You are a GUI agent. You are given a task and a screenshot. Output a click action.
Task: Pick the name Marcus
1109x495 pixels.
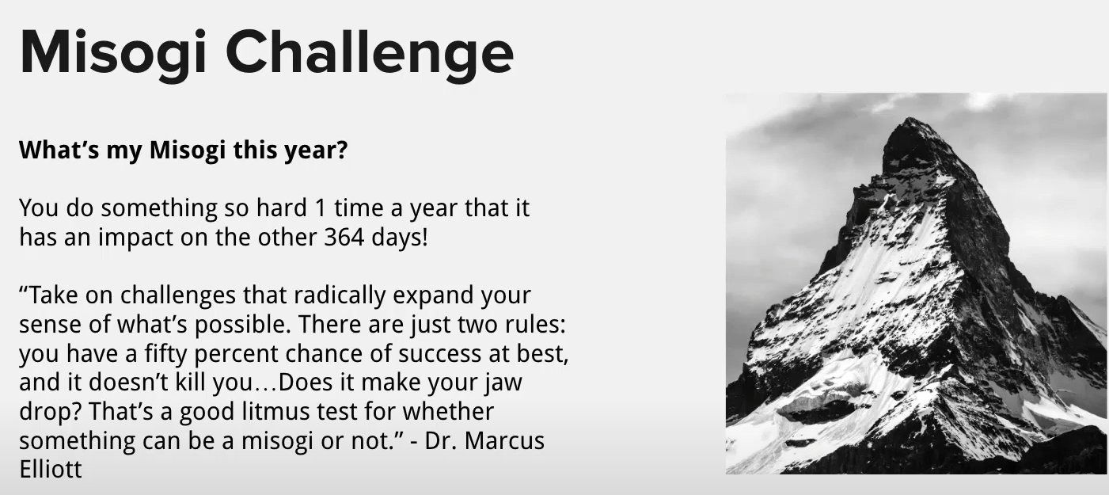(x=505, y=440)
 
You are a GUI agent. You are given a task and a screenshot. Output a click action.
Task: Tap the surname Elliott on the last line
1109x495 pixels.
(x=51, y=469)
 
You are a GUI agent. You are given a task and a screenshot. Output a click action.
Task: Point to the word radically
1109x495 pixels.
(x=340, y=295)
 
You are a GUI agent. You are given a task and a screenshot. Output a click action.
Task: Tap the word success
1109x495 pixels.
(x=439, y=354)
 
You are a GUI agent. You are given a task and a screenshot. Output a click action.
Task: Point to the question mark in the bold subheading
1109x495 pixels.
(x=341, y=150)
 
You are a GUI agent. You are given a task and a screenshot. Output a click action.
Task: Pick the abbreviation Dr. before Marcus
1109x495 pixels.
(x=442, y=440)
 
